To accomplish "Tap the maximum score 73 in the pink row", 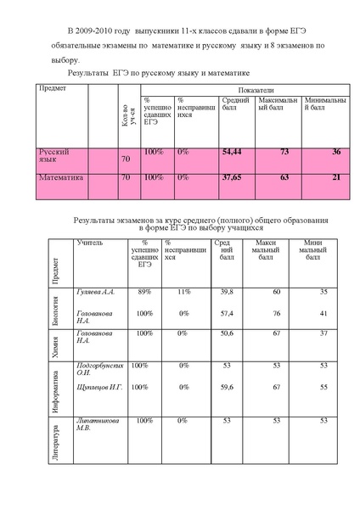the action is click(284, 152).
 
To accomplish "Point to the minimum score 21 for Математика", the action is click(336, 179).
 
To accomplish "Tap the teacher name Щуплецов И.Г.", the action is click(99, 387).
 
